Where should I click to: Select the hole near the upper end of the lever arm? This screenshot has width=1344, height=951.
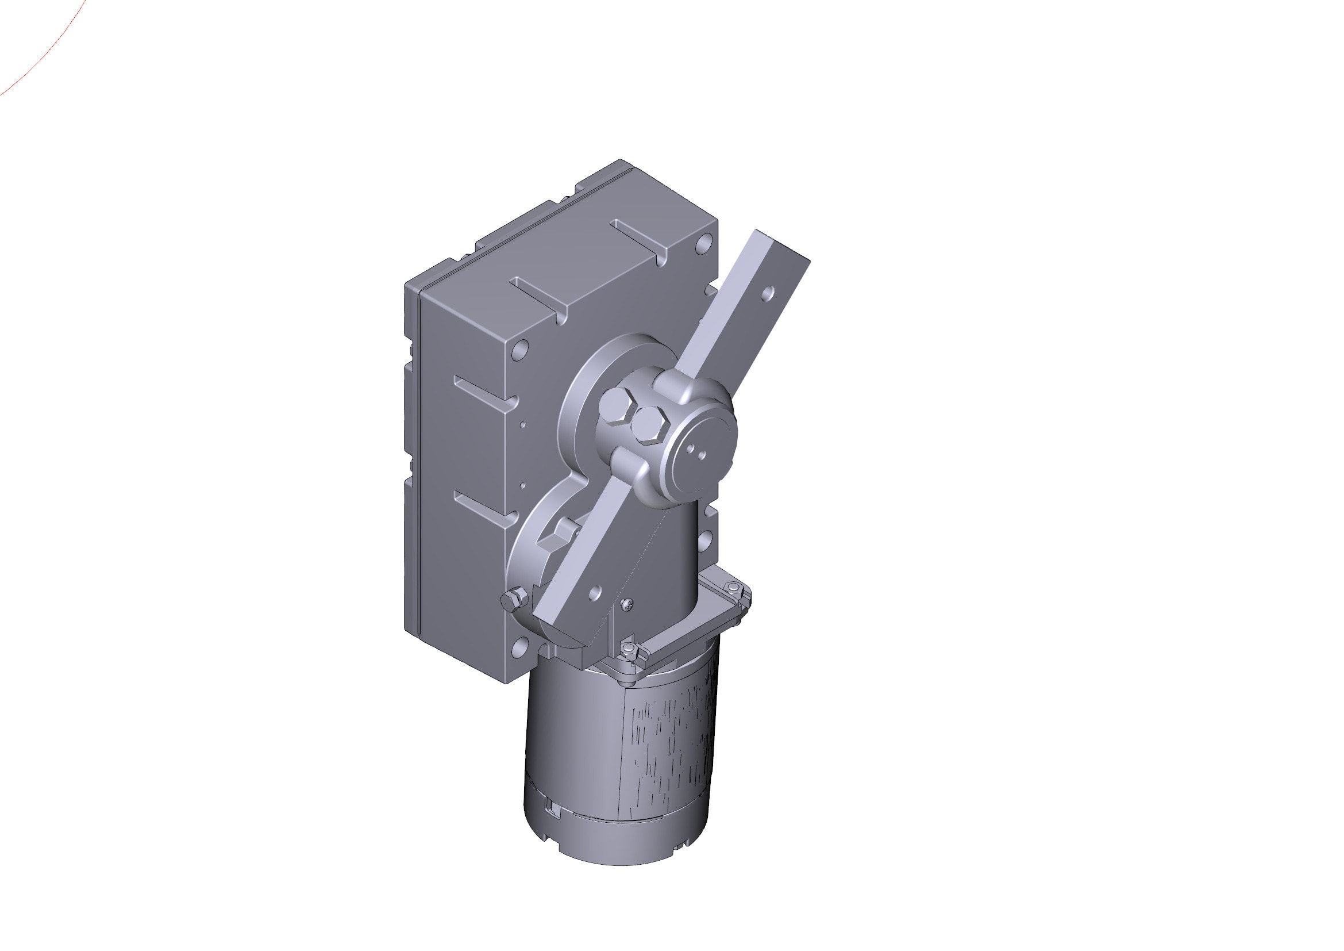[x=769, y=293]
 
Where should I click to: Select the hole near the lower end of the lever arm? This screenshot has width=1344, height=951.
[x=595, y=595]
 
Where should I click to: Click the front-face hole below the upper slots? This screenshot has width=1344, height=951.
[x=519, y=351]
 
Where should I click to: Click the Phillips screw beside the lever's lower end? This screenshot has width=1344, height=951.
[x=627, y=604]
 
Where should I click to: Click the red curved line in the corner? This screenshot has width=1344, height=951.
[x=41, y=59]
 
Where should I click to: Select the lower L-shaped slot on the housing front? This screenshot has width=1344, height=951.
[x=486, y=507]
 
